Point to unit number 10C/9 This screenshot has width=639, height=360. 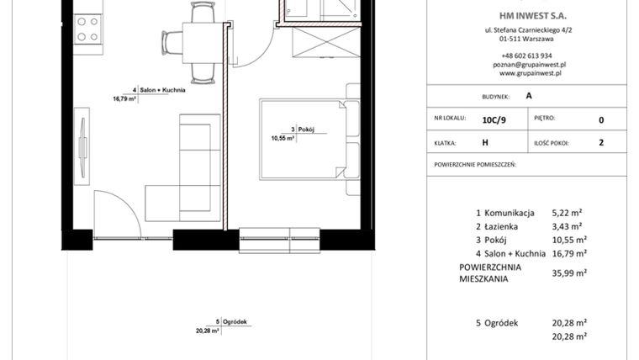tap(494, 120)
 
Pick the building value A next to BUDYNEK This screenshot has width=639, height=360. tap(529, 96)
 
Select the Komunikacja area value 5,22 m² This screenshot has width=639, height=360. tap(568, 214)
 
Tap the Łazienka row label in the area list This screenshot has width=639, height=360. tap(500, 227)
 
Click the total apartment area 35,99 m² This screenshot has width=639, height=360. tap(569, 273)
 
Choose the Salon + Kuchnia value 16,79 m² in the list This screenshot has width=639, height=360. tap(569, 252)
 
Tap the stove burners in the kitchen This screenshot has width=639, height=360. tap(87, 30)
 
